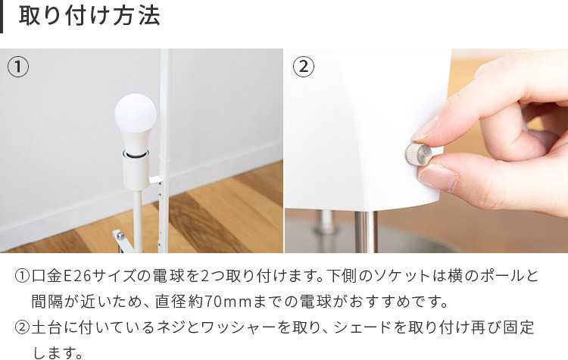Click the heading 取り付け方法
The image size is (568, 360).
89,17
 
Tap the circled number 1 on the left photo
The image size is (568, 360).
18,67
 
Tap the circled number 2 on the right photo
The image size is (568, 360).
303,67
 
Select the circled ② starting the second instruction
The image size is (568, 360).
22,328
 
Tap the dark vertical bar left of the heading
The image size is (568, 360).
2,17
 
